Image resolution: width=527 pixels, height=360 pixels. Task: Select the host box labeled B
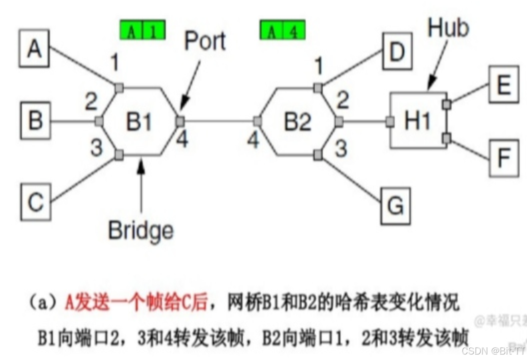click(35, 121)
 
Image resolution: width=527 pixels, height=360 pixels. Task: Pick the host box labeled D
click(397, 52)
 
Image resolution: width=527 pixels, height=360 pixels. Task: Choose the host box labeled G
click(396, 205)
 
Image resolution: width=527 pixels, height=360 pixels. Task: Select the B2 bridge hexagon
click(298, 121)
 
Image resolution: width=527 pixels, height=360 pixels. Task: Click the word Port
click(205, 41)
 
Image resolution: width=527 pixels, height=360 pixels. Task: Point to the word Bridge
click(141, 230)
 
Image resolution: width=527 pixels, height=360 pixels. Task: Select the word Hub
click(448, 28)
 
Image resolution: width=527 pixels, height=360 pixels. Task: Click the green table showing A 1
click(142, 30)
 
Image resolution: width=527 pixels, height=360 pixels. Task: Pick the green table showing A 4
click(282, 30)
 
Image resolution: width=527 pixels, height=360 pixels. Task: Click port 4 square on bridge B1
click(180, 121)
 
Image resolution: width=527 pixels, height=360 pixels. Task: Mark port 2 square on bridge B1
click(99, 121)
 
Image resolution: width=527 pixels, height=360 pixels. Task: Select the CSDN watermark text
click(493, 350)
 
